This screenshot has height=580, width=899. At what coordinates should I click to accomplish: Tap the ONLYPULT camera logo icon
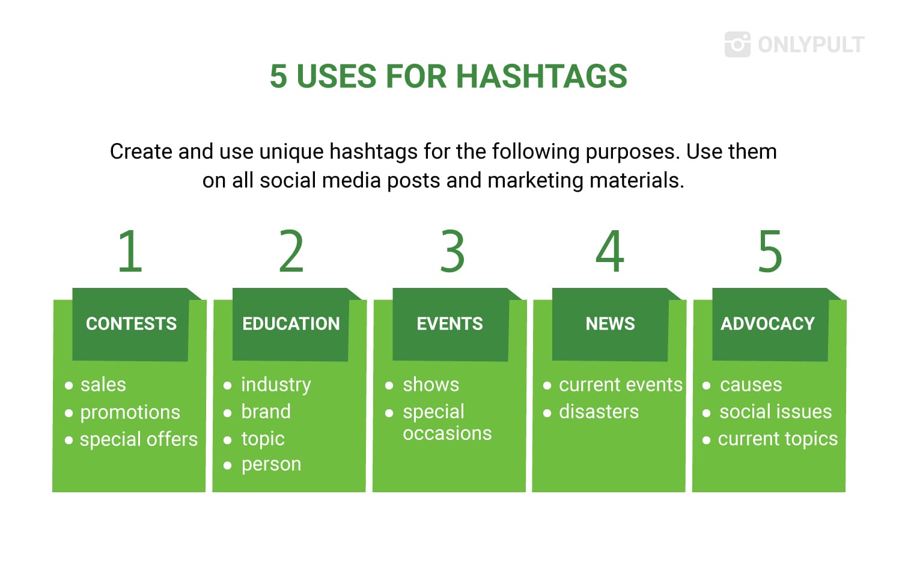[738, 44]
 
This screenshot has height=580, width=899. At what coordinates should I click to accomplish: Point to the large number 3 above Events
[453, 251]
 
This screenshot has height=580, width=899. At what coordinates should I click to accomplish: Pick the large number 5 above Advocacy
[770, 251]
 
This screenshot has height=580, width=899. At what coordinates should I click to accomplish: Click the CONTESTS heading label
[131, 323]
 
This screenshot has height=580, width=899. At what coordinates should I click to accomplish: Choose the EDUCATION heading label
[291, 323]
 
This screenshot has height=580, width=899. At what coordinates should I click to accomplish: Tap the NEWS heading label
[610, 323]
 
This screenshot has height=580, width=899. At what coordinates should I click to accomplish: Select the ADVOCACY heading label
[767, 323]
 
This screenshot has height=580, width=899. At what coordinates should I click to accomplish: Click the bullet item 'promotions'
[130, 413]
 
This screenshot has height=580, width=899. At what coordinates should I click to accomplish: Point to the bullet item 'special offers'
[139, 439]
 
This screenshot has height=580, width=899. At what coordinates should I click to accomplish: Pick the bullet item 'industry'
[276, 385]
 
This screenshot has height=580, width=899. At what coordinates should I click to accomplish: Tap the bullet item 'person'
[271, 465]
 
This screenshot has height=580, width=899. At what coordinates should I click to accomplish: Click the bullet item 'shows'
[431, 385]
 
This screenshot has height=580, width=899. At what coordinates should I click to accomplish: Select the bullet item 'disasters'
[599, 412]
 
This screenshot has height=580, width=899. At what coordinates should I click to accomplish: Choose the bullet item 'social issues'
[775, 412]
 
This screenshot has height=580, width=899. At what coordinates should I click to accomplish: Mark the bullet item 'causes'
[751, 385]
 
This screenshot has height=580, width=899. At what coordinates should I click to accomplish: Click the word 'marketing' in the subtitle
[535, 181]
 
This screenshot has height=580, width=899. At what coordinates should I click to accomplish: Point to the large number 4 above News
[610, 251]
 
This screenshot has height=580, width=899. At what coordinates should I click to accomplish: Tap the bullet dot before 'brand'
[228, 413]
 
